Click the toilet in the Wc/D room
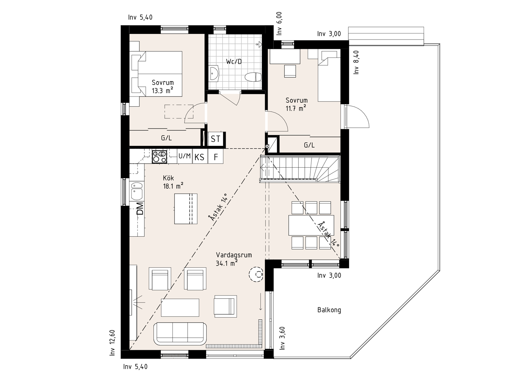pyautogui.click(x=253, y=77)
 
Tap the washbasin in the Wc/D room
pyautogui.click(x=214, y=73)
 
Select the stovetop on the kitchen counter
pyautogui.click(x=160, y=157)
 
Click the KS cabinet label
pyautogui.click(x=200, y=157)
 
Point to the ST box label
pyautogui.click(x=215, y=139)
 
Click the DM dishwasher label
pyautogui.click(x=140, y=208)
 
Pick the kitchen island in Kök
pyautogui.click(x=186, y=209)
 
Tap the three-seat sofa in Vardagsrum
pyautogui.click(x=180, y=333)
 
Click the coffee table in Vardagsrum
pyautogui.click(x=180, y=307)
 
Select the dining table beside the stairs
pyautogui.click(x=311, y=225)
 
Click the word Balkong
pyautogui.click(x=329, y=310)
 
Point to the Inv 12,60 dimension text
pyautogui.click(x=112, y=343)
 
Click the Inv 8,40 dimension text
pyautogui.click(x=356, y=62)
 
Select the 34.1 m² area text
pyautogui.click(x=227, y=263)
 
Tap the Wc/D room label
pyautogui.click(x=234, y=62)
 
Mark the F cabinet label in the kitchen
pyautogui.click(x=216, y=157)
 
